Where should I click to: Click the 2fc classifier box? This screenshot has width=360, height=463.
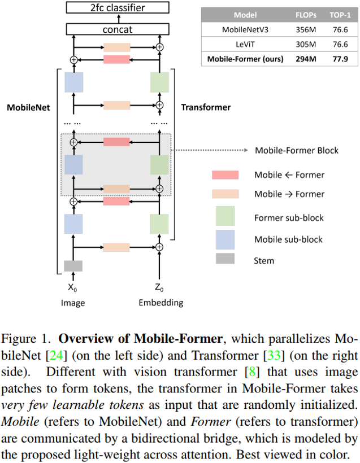coord(118,8)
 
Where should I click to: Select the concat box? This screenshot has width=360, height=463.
coord(118,29)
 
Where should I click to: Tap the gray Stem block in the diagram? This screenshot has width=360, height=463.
coord(73,265)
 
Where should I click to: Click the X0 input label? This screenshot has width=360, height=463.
coord(72,287)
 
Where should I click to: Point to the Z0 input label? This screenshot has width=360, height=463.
coord(161,287)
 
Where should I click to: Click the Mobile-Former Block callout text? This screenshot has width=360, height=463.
coord(297,150)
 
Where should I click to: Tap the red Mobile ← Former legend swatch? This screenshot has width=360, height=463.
coord(225,175)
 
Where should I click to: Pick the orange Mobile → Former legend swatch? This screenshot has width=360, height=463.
coord(225,194)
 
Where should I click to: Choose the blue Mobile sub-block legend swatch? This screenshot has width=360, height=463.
coord(225,239)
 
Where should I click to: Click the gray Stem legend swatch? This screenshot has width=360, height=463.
coord(225,260)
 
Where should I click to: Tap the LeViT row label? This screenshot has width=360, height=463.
coord(245,44)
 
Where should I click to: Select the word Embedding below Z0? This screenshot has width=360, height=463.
coord(161,303)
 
